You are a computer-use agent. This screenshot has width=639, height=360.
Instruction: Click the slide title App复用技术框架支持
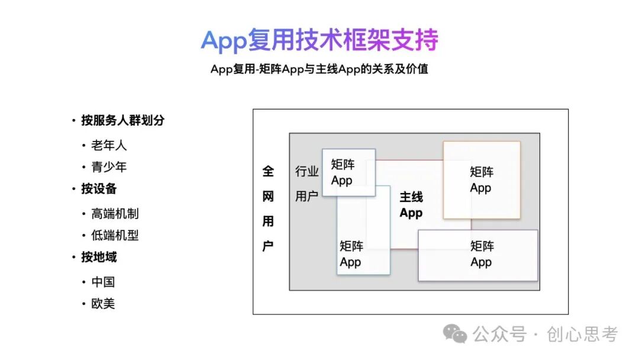319,40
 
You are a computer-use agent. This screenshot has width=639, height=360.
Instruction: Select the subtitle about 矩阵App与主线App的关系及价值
319,69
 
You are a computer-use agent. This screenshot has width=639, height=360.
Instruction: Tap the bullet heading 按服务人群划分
122,120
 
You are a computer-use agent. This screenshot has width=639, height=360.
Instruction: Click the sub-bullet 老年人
109,145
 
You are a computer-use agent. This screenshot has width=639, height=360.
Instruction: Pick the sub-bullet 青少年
109,167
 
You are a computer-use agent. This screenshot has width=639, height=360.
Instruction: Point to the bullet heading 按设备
99,189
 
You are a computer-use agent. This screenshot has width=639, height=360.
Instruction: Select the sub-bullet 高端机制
115,214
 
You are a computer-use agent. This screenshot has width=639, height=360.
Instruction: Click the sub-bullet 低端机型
115,235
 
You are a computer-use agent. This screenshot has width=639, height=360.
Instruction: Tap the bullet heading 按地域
99,257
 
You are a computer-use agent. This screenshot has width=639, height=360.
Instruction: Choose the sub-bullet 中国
103,282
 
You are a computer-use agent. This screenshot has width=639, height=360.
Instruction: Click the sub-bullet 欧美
103,304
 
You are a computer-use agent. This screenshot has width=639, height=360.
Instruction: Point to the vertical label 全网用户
268,208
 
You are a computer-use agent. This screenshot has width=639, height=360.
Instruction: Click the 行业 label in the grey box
307,172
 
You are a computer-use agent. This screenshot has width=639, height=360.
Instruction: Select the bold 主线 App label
411,205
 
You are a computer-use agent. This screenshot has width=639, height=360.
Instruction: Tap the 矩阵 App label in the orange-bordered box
481,180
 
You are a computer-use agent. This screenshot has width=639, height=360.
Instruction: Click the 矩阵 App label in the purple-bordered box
482,254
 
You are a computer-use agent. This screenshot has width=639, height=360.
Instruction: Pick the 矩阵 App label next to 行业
343,172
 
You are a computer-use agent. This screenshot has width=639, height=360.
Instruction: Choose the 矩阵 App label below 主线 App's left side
351,253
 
